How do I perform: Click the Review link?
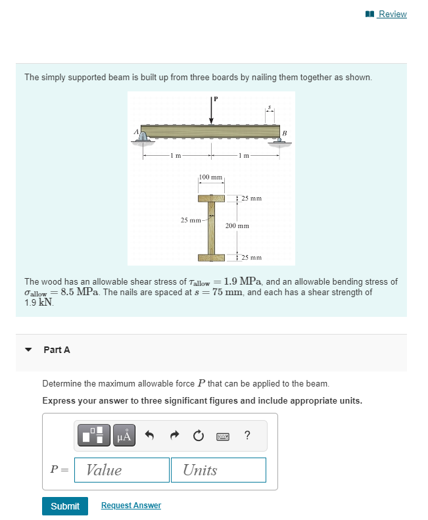click(392, 14)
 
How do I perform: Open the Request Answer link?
click(131, 505)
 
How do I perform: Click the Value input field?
click(122, 470)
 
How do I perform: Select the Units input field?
click(218, 470)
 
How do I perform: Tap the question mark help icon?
click(247, 435)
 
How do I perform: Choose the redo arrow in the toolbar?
click(176, 435)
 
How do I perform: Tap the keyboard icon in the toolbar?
click(223, 435)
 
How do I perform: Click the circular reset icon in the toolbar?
click(199, 435)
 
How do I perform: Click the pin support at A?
click(144, 136)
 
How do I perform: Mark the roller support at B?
click(279, 139)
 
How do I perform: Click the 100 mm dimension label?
click(211, 178)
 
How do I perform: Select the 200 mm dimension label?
click(237, 225)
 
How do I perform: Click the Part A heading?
click(57, 350)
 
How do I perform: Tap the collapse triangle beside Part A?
click(28, 350)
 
